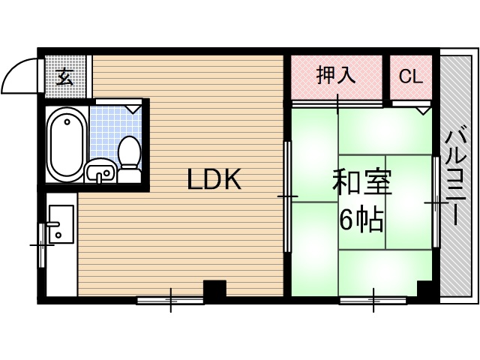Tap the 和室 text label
pos(362,183)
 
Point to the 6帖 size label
pos(362,220)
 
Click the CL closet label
pos(410,76)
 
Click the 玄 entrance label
pos(65,76)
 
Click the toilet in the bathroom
pos(130,157)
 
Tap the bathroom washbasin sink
pos(100,173)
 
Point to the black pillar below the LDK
pos(214,290)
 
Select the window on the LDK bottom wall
pos(170,301)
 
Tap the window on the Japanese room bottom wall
pos(373,301)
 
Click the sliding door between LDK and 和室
pos(287,196)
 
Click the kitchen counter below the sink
pos(60,270)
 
